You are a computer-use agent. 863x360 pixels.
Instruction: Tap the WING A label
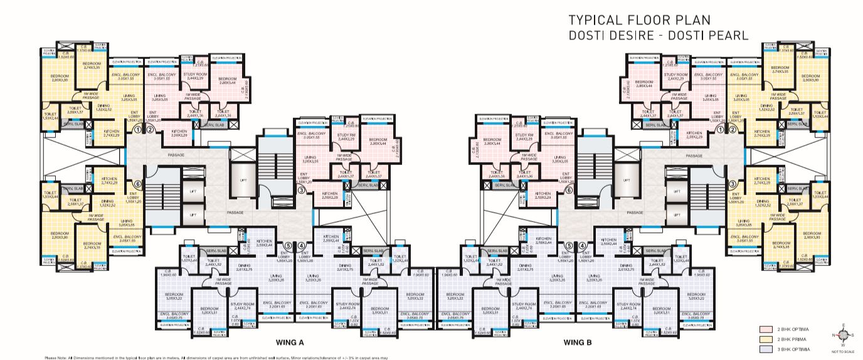(290, 342)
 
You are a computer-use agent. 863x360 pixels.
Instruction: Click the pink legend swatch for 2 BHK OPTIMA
(765, 329)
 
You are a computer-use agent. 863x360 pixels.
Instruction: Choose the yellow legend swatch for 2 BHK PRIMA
(765, 339)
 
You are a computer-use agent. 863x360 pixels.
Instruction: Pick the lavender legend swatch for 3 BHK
(765, 349)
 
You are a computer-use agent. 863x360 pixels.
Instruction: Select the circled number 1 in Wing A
(137, 130)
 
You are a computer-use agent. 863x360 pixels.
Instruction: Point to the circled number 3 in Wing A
(301, 191)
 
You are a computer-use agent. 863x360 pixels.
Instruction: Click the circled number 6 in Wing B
(569, 191)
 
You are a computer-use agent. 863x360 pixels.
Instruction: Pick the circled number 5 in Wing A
(288, 246)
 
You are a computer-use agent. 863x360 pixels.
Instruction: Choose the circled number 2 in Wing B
(732, 130)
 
